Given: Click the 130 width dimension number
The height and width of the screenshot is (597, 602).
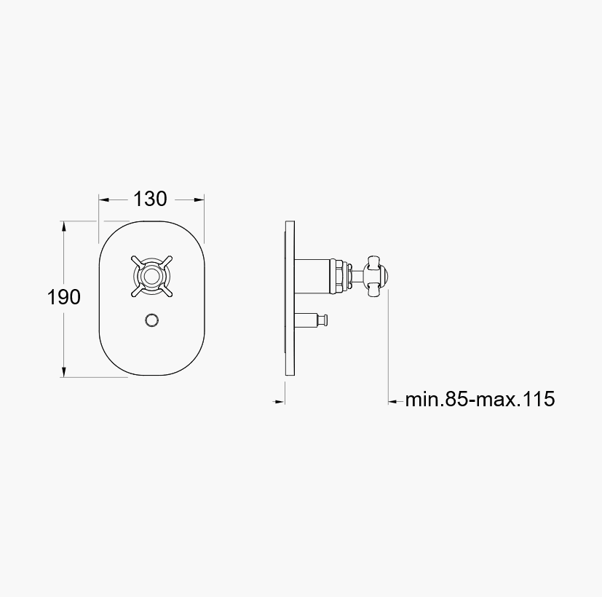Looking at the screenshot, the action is [150, 199].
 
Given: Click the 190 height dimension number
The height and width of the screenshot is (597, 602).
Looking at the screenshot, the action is [64, 297].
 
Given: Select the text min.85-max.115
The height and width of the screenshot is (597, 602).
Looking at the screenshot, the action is [480, 399].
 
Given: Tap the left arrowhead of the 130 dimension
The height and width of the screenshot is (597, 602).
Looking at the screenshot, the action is [104, 199].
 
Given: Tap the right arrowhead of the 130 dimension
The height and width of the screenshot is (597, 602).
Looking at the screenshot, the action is [199, 199].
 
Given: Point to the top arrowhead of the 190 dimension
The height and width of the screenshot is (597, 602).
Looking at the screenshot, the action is [64, 226].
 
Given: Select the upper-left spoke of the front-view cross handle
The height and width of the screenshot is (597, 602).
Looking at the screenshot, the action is [137, 261].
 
